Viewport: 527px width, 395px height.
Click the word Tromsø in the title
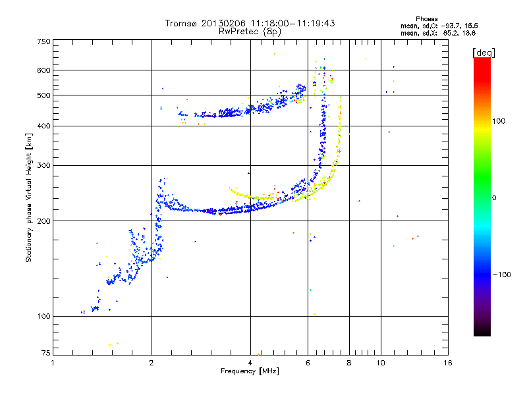(182, 24)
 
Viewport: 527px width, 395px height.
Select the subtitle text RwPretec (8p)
(250, 32)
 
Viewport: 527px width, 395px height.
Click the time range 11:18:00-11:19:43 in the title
(292, 24)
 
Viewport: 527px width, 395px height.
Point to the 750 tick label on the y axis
(43, 41)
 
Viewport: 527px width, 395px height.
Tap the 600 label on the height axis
(43, 70)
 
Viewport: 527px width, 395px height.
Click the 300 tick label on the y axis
(43, 166)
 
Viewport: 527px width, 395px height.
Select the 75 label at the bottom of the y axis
(46, 353)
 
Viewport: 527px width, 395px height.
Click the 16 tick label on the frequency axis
(448, 363)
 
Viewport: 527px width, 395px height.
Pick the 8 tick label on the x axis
(349, 363)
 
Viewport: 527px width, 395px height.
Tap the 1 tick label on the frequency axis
(53, 363)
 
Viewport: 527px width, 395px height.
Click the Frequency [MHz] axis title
(250, 371)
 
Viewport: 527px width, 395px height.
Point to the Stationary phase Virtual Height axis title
(29, 198)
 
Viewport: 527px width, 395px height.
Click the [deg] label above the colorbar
(484, 53)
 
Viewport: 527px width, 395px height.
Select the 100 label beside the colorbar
(499, 121)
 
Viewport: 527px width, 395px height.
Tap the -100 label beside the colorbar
(501, 275)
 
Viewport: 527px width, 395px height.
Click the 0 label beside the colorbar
(494, 198)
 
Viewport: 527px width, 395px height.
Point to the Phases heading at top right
(426, 19)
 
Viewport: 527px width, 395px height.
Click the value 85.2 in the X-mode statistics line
(450, 34)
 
